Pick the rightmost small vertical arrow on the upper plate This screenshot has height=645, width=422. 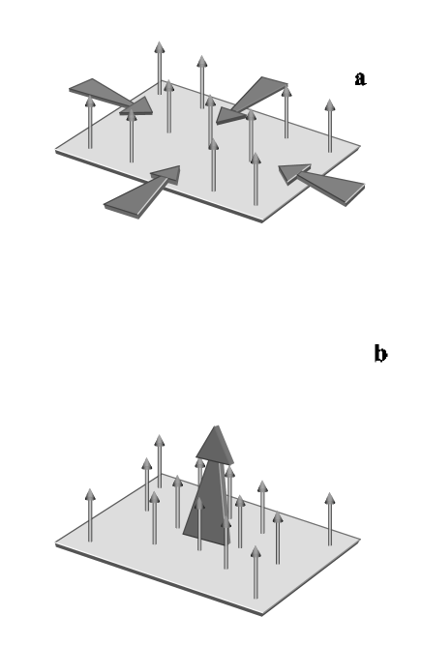click(x=330, y=126)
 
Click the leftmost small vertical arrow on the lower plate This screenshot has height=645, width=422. click(x=90, y=514)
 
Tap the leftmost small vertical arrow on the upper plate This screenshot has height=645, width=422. click(x=90, y=122)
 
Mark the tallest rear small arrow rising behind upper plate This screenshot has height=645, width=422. click(x=160, y=66)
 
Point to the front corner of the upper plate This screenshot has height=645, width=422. click(x=260, y=220)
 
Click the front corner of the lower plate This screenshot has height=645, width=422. click(x=260, y=613)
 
